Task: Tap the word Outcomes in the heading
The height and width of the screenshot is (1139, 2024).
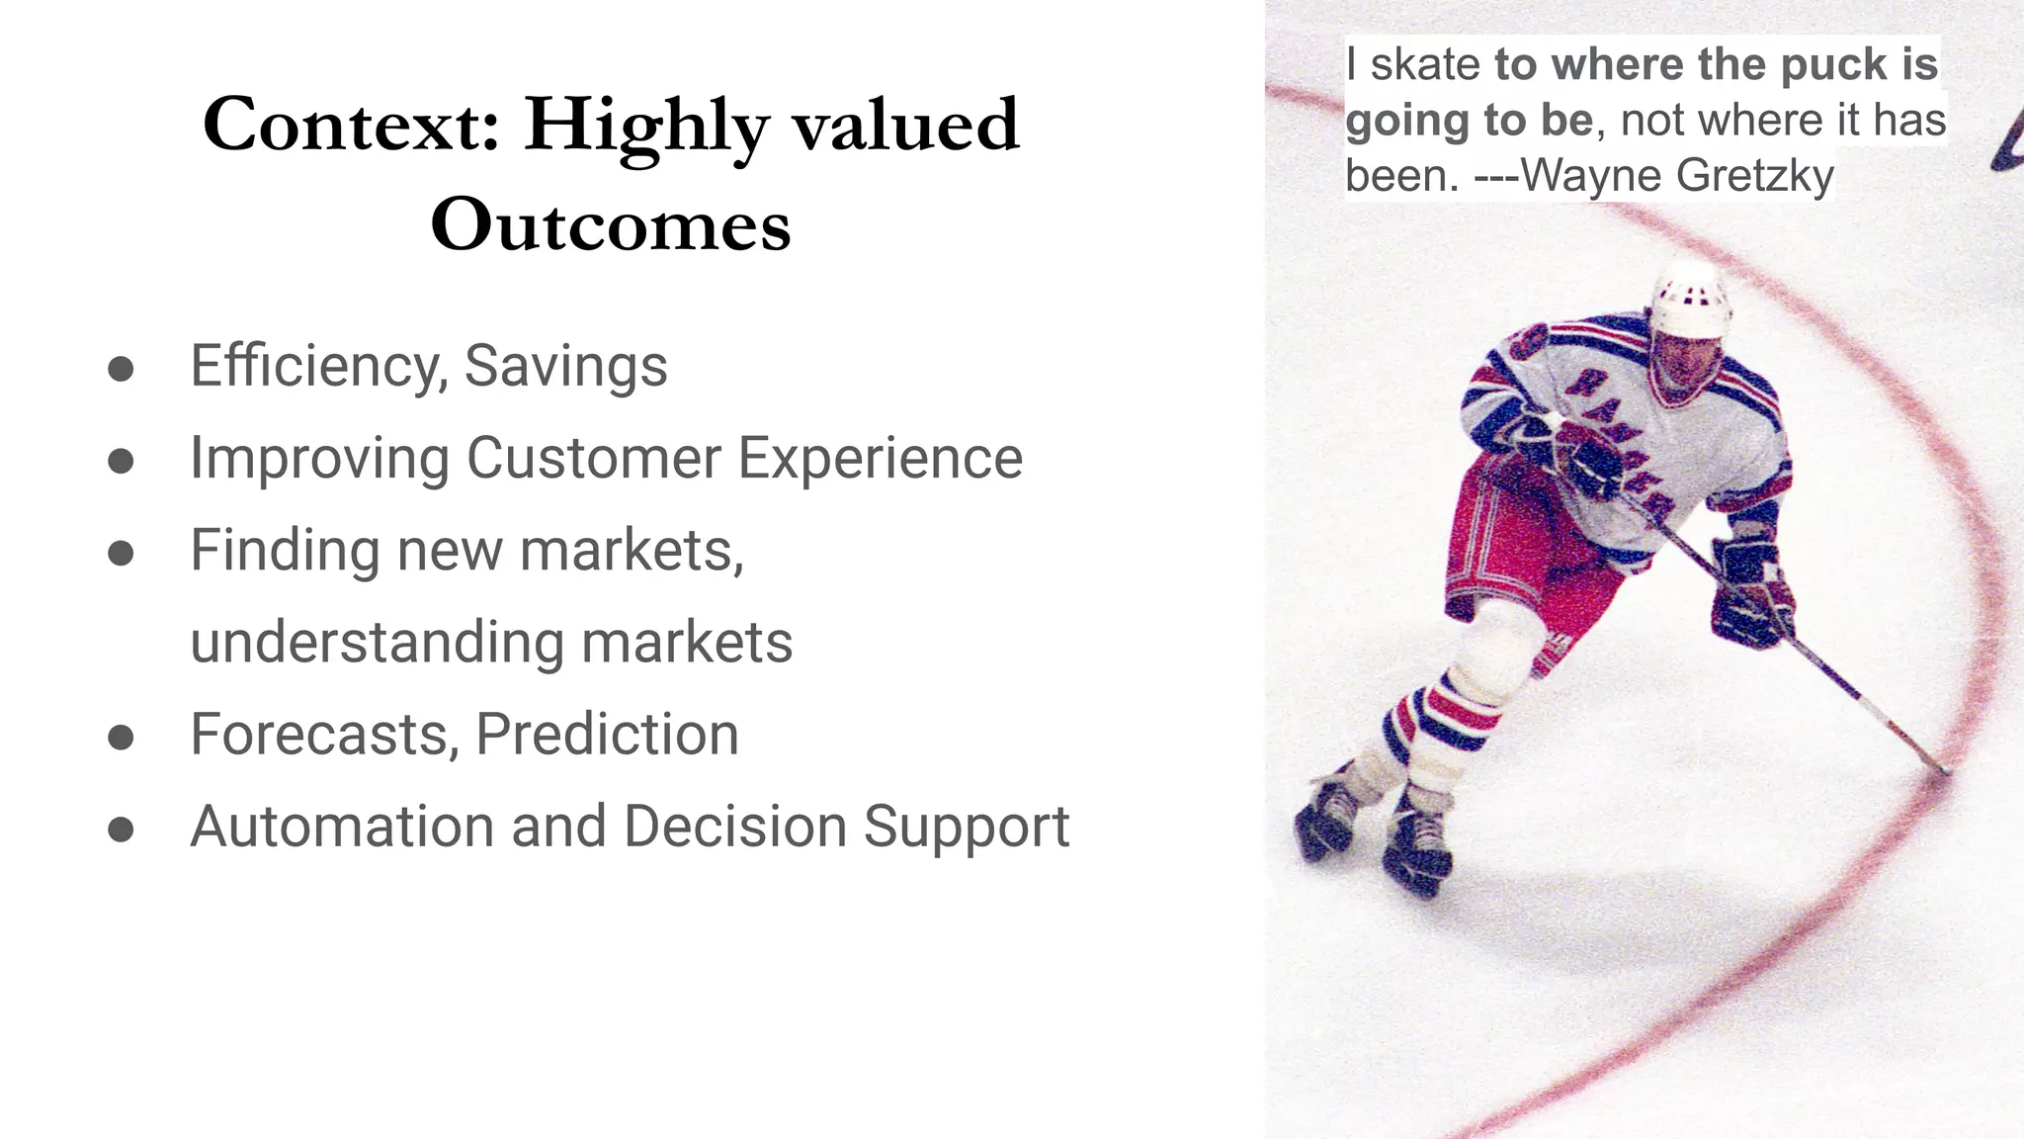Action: pos(611,225)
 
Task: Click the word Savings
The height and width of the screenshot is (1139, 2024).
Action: pos(565,366)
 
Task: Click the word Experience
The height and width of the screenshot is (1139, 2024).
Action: pos(880,458)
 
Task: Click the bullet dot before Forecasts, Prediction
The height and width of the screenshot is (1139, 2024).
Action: pos(121,737)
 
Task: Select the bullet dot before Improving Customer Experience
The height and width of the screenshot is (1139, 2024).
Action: pos(121,461)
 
